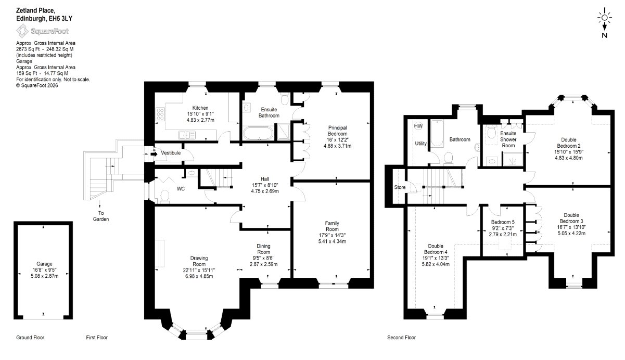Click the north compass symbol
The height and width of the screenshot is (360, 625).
[x=604, y=22]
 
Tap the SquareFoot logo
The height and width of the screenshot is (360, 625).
[x=42, y=31]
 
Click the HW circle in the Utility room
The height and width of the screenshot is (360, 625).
[x=418, y=126]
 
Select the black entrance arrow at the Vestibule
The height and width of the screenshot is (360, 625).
[x=154, y=153]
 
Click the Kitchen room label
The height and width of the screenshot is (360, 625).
[x=200, y=108]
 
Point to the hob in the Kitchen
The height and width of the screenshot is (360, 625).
[x=160, y=114]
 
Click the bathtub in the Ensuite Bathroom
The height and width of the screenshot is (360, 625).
[x=258, y=133]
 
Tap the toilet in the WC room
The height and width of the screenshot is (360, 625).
[x=164, y=196]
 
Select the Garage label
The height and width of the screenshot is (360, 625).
[x=44, y=264]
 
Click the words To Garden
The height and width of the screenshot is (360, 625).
[x=101, y=216]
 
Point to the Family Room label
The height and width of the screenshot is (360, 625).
[x=332, y=226]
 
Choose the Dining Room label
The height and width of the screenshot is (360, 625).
[x=263, y=249]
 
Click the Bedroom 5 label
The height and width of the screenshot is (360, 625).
[x=503, y=222]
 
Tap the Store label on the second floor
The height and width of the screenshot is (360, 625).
[x=400, y=187]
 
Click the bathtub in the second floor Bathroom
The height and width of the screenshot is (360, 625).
[x=437, y=134]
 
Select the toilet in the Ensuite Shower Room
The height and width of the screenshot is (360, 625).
[x=491, y=133]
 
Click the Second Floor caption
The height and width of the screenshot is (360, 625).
[x=401, y=338]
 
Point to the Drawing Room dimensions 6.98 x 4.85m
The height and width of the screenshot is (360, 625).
[x=199, y=276]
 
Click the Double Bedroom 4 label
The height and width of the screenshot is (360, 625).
[x=436, y=249]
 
